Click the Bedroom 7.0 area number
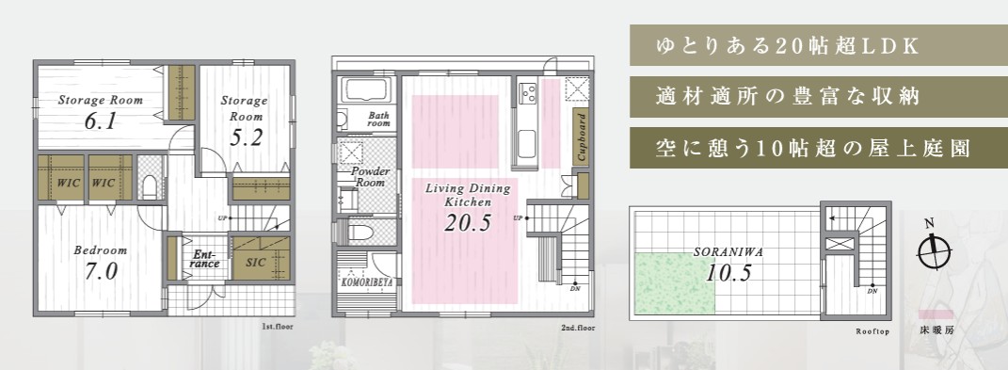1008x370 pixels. tap(102, 271)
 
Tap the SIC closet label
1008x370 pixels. tap(256, 264)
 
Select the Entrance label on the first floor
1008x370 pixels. tap(206, 259)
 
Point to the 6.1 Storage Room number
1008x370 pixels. tap(101, 121)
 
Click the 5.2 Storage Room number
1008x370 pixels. tap(245, 137)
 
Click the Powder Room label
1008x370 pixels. tap(370, 177)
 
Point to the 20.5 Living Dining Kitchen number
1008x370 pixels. tap(468, 222)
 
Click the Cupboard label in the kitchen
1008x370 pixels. tap(581, 138)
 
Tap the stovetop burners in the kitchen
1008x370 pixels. tap(528, 94)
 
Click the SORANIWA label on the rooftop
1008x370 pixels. tap(728, 252)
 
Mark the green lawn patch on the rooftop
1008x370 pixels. tap(675, 283)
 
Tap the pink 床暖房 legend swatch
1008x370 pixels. tap(936, 314)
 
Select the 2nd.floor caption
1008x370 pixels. tap(578, 328)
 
